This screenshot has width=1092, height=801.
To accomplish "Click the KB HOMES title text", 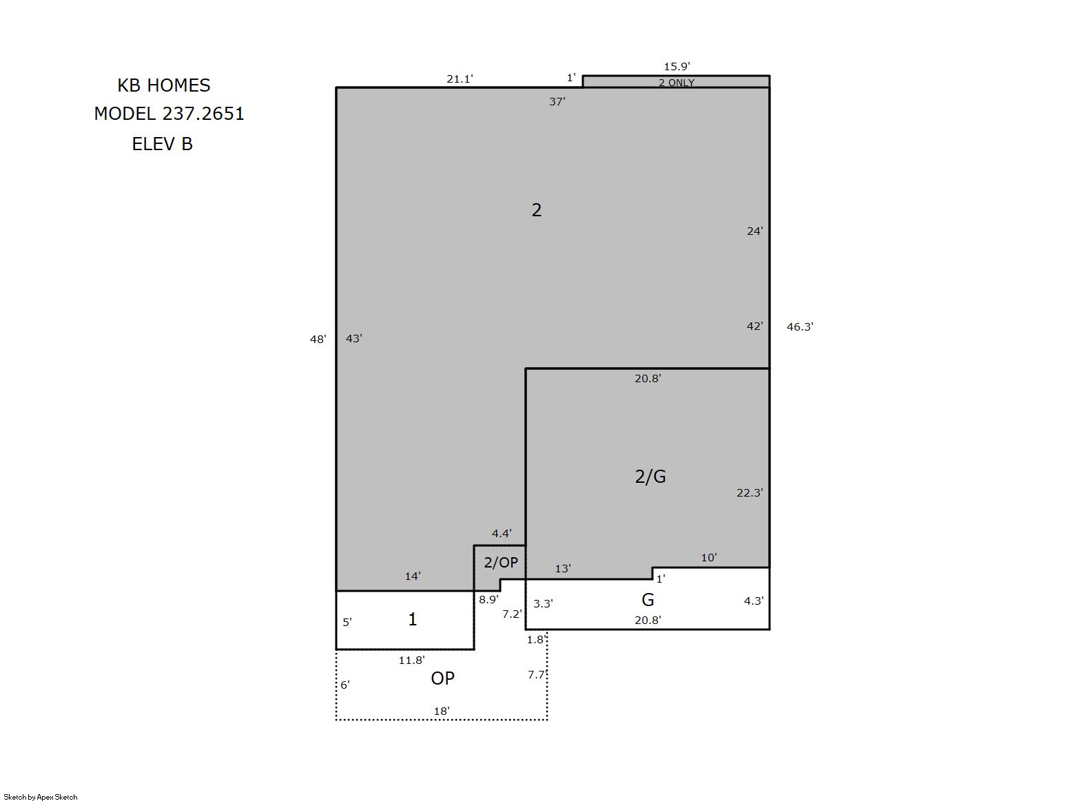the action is (164, 85).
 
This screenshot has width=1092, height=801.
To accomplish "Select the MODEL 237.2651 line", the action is (169, 114).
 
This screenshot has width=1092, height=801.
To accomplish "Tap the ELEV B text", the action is (163, 144).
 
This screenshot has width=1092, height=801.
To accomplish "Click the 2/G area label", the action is (650, 477).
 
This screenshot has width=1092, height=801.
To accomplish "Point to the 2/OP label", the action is (501, 563).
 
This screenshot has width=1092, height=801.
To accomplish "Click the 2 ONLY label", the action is (677, 83).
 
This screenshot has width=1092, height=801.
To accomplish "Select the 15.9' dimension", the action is (677, 66).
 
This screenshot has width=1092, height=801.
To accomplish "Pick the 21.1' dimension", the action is (460, 79).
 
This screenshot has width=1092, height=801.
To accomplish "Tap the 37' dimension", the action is (557, 102).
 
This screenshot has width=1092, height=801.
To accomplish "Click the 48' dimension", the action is (318, 339).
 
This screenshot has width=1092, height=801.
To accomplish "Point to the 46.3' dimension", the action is (800, 327).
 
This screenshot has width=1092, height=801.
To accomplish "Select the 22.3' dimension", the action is (750, 493).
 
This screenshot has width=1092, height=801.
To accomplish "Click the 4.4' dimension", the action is (502, 534).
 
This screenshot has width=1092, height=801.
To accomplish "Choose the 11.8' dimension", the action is (412, 660).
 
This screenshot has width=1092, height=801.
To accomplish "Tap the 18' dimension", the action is (442, 711).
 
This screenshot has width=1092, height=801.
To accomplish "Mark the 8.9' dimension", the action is (488, 600).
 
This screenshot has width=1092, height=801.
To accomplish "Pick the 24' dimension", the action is (755, 231).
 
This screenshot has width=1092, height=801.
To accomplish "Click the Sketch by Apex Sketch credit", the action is (41, 797).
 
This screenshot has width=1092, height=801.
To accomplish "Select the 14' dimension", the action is (413, 576).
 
